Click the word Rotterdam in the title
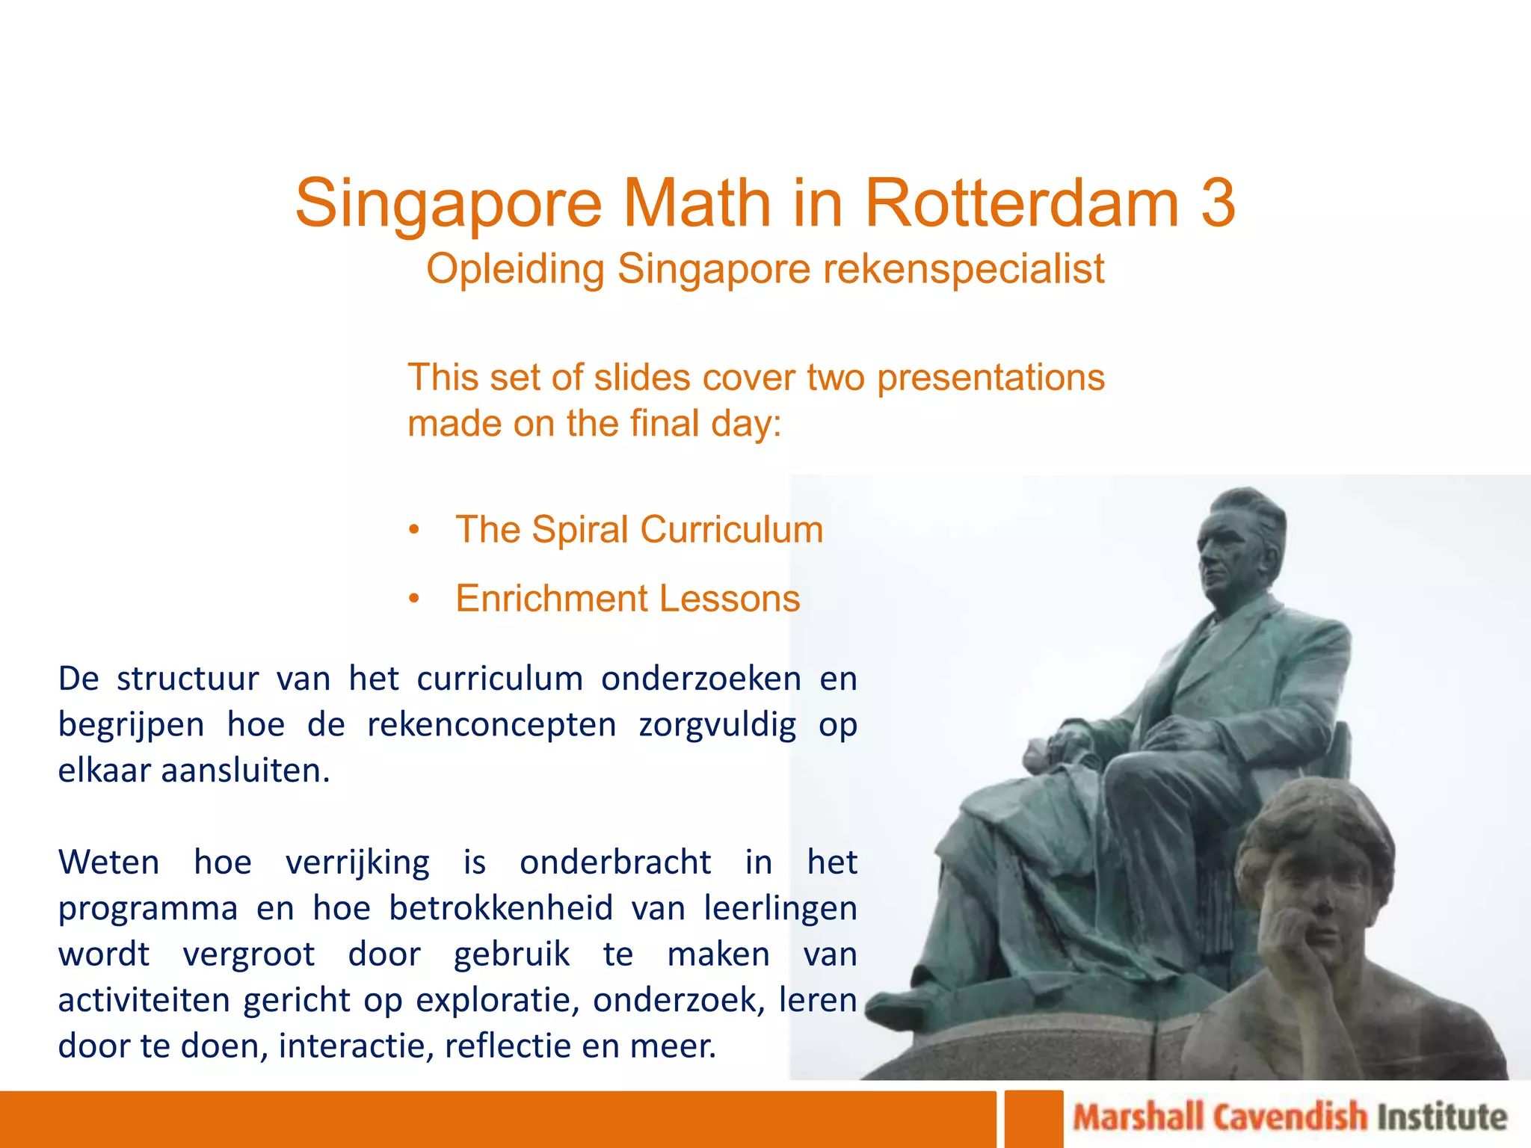[x=1021, y=203]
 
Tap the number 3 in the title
[x=1218, y=203]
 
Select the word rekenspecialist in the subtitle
[x=964, y=269]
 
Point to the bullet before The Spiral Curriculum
[x=415, y=530]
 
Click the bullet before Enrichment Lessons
[x=415, y=599]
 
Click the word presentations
[x=991, y=377]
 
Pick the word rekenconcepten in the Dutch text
[x=491, y=725]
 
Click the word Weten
[x=109, y=862]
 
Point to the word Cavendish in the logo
[x=1290, y=1118]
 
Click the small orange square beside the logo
[x=1033, y=1119]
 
